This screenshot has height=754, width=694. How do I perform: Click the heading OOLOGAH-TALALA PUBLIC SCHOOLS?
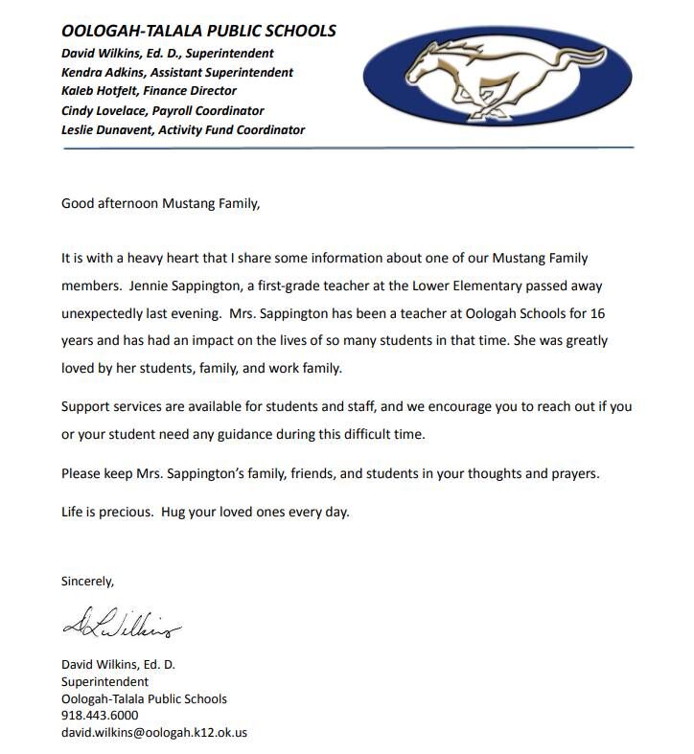[198, 32]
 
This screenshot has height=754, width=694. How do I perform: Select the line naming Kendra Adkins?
[177, 72]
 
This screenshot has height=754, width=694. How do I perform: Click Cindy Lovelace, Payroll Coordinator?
[162, 110]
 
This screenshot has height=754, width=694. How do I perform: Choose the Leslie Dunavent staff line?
[183, 129]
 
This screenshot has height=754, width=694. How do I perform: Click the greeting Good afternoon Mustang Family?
[160, 203]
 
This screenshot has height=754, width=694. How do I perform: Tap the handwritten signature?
[121, 628]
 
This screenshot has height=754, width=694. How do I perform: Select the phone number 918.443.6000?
[100, 715]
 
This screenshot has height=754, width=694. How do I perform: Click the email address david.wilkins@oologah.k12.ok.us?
[154, 732]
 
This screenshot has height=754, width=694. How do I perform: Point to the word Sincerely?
[87, 581]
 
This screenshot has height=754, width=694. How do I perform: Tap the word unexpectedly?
[107, 313]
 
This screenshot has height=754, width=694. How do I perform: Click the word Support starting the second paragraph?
[86, 406]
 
